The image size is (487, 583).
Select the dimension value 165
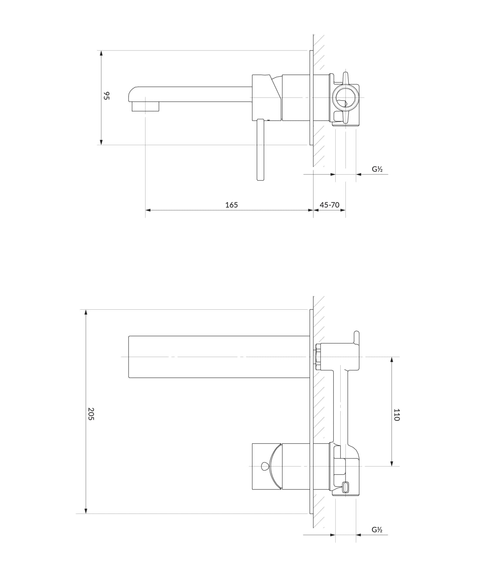click(231, 205)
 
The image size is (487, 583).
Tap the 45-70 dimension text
click(330, 205)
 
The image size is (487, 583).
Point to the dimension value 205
click(91, 414)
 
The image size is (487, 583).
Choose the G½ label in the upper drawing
click(377, 169)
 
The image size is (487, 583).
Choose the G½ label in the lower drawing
click(377, 530)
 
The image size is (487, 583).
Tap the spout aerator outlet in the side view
click(145, 106)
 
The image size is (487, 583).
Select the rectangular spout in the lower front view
click(219, 357)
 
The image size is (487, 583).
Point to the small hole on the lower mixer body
click(265, 466)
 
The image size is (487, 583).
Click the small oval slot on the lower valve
click(346, 487)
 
